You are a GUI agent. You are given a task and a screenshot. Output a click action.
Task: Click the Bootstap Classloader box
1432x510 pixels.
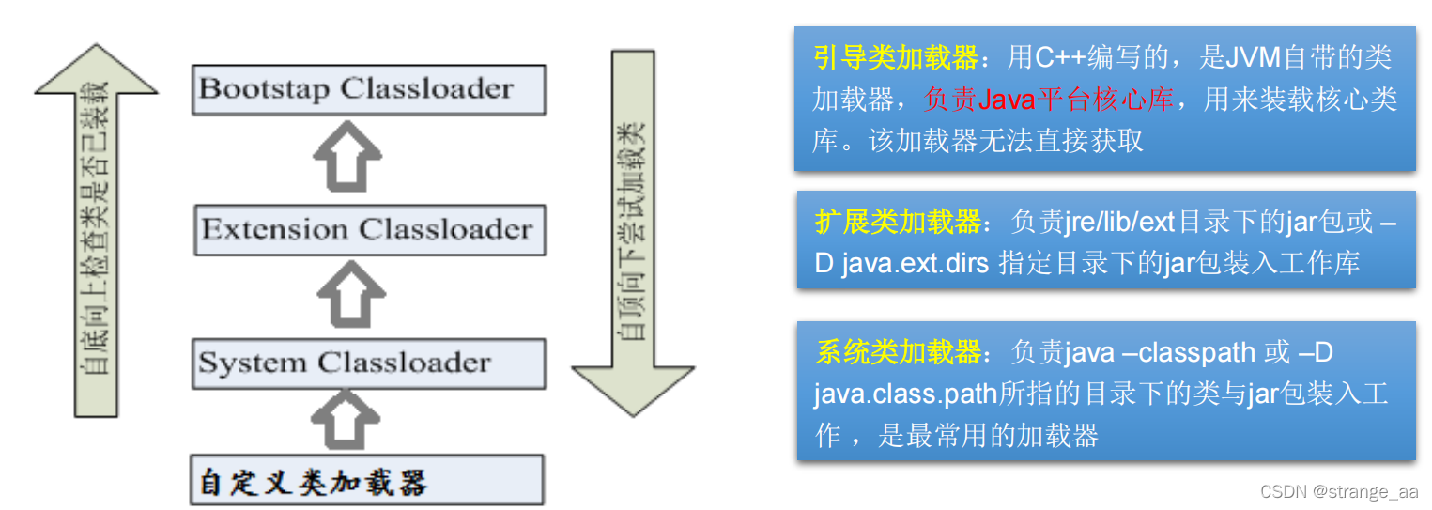click(368, 89)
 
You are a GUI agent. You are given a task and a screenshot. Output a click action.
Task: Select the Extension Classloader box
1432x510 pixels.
click(368, 229)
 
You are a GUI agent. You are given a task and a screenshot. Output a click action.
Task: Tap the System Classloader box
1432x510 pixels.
click(368, 363)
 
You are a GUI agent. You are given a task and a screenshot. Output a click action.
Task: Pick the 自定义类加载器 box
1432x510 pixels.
click(366, 480)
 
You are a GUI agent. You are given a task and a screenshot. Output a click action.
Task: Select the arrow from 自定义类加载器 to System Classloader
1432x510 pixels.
click(345, 419)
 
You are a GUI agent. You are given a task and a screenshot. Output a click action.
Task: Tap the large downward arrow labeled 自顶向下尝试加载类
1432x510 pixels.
click(633, 235)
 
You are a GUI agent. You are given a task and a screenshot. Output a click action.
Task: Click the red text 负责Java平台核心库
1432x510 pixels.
click(1048, 100)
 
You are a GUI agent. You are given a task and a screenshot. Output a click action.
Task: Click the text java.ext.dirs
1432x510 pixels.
click(915, 263)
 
